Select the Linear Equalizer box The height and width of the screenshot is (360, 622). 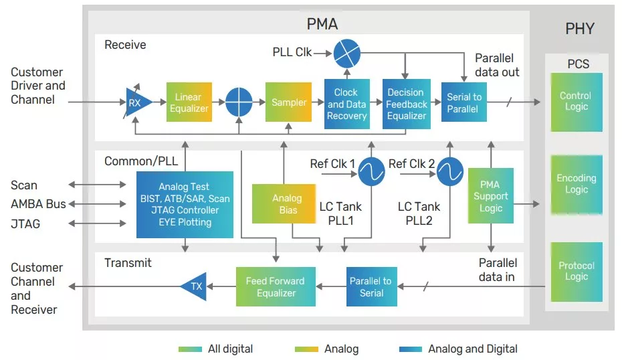pyautogui.click(x=189, y=102)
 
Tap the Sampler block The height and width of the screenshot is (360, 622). pyautogui.click(x=288, y=102)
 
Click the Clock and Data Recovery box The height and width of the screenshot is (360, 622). pyautogui.click(x=346, y=104)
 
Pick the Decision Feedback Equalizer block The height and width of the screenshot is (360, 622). pyautogui.click(x=406, y=104)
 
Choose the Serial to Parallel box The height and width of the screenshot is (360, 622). pyautogui.click(x=463, y=102)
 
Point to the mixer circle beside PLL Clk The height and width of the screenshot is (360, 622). pyautogui.click(x=346, y=52)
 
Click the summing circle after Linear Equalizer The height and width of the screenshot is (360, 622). pyautogui.click(x=238, y=102)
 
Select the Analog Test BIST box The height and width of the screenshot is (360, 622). pyautogui.click(x=185, y=204)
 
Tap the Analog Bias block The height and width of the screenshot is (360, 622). pyautogui.click(x=287, y=203)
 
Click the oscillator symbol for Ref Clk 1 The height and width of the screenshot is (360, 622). pyautogui.click(x=371, y=173)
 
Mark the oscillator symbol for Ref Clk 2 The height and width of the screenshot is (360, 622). pyautogui.click(x=450, y=173)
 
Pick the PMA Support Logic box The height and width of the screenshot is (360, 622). pyautogui.click(x=490, y=197)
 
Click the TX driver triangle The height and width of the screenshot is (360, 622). pyautogui.click(x=193, y=286)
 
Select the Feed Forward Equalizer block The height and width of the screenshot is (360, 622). pyautogui.click(x=275, y=286)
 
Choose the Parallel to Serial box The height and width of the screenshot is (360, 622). pyautogui.click(x=371, y=286)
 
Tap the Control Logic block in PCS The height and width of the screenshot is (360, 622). pyautogui.click(x=576, y=101)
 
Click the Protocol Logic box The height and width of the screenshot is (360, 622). pyautogui.click(x=576, y=271)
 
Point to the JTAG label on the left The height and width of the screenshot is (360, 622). pyautogui.click(x=25, y=223)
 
